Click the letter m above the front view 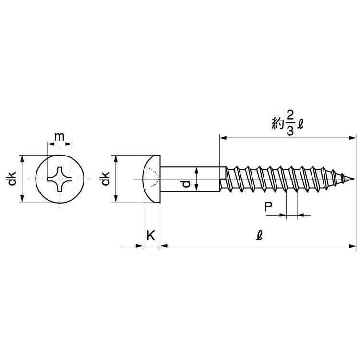coord(59,137)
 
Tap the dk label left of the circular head coord(12,179)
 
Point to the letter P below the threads coord(269,207)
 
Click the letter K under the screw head coord(151,235)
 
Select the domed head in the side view coord(151,179)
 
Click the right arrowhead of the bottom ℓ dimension coord(353,246)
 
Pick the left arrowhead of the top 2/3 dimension coord(223,138)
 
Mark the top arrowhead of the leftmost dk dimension coord(22,158)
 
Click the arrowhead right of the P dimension coord(300,216)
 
